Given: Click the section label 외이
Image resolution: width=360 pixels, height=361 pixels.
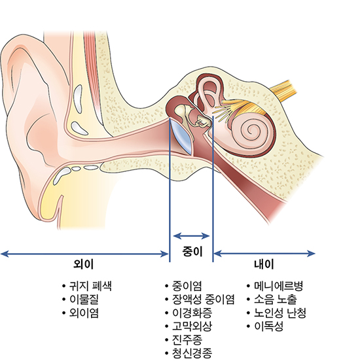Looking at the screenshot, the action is point(83,264).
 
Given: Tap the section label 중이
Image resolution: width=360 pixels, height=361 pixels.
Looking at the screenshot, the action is point(192,251).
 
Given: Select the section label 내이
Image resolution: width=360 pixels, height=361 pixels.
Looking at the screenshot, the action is point(264,264).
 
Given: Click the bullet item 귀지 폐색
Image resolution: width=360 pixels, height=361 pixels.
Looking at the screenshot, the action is point(90,286).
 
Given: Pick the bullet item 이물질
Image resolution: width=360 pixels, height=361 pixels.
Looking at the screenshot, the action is point(84,300).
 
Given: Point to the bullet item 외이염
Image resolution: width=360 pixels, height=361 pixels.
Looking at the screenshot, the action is point(84,313).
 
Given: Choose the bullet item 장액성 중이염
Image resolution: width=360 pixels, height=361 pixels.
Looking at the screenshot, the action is point(204,300).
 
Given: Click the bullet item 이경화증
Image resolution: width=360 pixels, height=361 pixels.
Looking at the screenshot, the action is point(192,313).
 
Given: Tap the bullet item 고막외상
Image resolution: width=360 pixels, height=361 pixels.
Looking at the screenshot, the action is point(192,326).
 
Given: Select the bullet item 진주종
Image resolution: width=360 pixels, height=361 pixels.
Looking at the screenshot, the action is point(187,339).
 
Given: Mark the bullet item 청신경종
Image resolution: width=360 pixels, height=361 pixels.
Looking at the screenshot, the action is point(192,352).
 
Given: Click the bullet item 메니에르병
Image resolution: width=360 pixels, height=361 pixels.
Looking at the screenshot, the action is point(278,286).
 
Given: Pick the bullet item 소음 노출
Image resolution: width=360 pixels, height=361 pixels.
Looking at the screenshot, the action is point(276,300).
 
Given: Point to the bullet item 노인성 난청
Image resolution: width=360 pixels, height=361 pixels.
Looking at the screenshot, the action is point(280,313).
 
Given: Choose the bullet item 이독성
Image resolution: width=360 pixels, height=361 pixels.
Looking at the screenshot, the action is point(269,326).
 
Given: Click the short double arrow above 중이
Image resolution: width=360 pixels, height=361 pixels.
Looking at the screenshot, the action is point(191,235).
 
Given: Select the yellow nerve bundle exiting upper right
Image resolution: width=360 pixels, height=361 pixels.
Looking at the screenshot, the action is point(281,90).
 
